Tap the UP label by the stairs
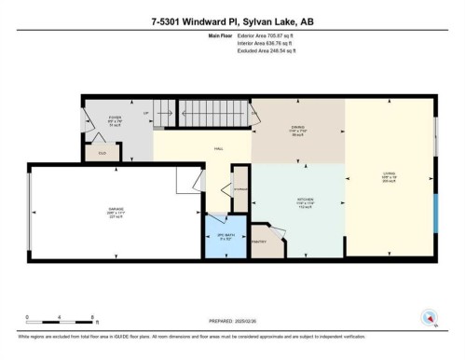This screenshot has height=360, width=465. [146, 114]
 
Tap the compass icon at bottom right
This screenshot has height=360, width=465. [430, 317]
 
